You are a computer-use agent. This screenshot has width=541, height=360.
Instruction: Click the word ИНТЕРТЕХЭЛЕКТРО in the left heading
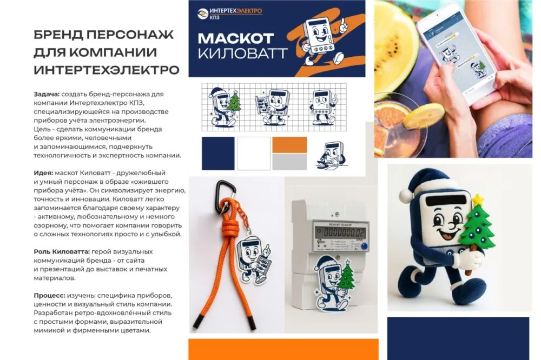click(x=106, y=70)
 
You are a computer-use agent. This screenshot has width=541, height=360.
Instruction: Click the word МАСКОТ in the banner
click(x=235, y=39)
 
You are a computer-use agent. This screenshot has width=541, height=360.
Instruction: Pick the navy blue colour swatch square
click(x=218, y=154)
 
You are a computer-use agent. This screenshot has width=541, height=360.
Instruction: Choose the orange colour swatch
click(x=289, y=145)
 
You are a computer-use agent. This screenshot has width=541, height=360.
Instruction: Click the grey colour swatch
click(x=289, y=162)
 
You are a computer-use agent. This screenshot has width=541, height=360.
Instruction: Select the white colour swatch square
click(x=253, y=154)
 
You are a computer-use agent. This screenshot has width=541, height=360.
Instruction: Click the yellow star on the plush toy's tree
click(x=477, y=201)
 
